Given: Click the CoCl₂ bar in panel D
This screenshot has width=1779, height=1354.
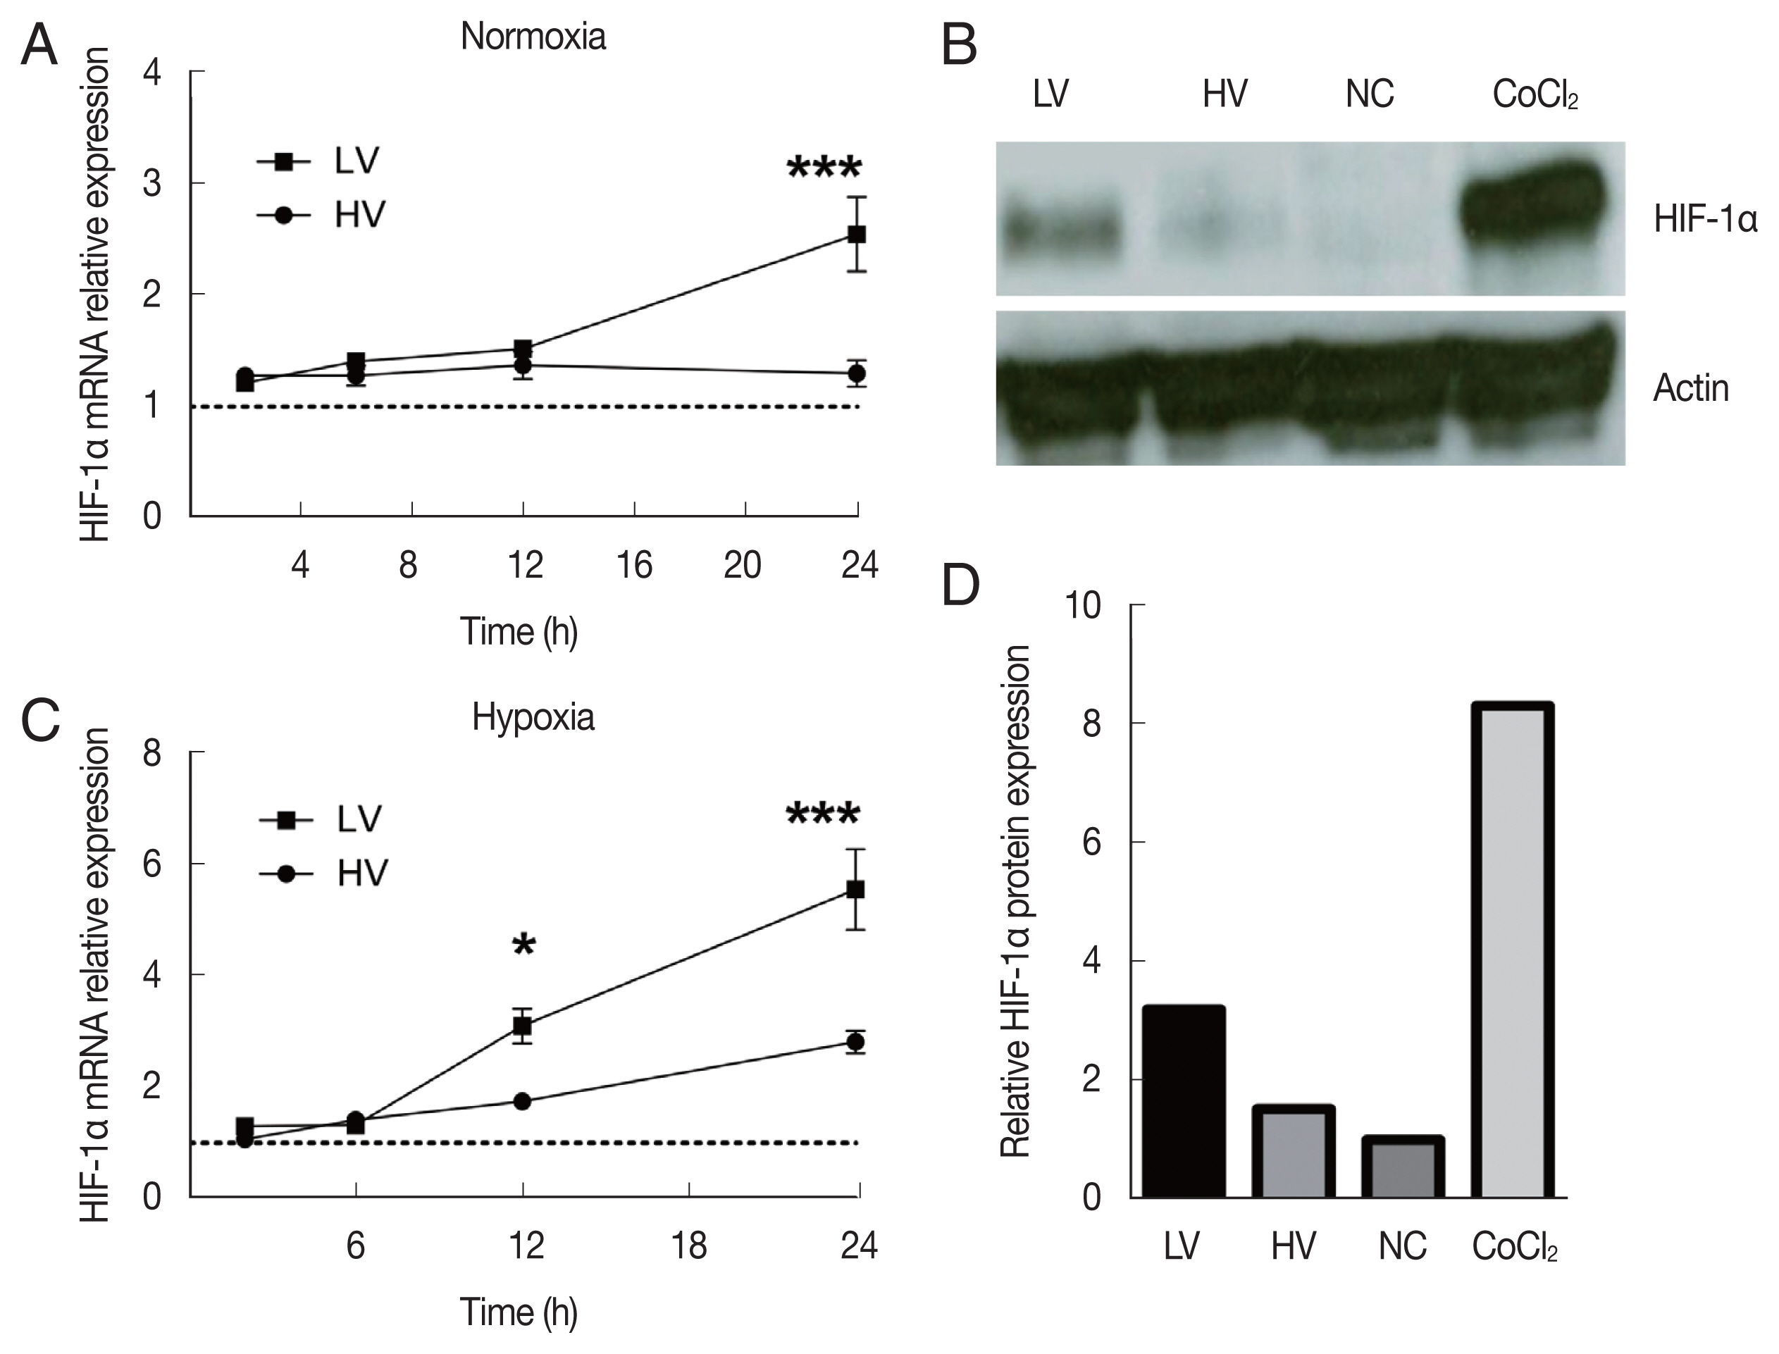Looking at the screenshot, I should tap(1512, 951).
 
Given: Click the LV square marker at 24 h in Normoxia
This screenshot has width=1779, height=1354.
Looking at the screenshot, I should tap(857, 235).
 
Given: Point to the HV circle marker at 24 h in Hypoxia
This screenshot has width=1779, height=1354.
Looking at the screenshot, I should tap(857, 1042).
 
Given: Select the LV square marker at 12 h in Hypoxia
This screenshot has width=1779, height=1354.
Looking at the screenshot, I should tap(522, 1026).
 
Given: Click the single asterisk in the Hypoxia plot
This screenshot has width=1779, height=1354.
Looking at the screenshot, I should tap(524, 945).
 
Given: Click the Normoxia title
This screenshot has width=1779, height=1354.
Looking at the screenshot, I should tap(533, 37).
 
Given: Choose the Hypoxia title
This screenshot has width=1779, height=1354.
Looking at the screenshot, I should tap(533, 716).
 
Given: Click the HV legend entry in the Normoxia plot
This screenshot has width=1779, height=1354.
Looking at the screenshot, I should tap(323, 215).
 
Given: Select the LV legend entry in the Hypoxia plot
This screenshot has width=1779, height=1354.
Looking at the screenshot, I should tap(323, 819).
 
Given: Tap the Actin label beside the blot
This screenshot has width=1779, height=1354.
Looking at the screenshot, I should tap(1690, 388).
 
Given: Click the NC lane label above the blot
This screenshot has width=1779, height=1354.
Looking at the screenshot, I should tap(1369, 95).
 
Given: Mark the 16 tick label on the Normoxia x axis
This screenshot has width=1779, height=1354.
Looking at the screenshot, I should tap(634, 566).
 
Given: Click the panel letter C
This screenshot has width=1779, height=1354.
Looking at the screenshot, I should tap(40, 720).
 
